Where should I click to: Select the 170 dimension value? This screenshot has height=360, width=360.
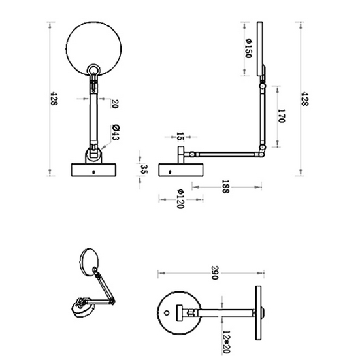tap(282, 117)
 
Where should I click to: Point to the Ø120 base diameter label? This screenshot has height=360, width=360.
tap(178, 199)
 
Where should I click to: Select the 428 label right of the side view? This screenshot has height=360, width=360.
tap(304, 98)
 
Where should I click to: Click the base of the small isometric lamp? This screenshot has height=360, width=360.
tap(80, 307)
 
